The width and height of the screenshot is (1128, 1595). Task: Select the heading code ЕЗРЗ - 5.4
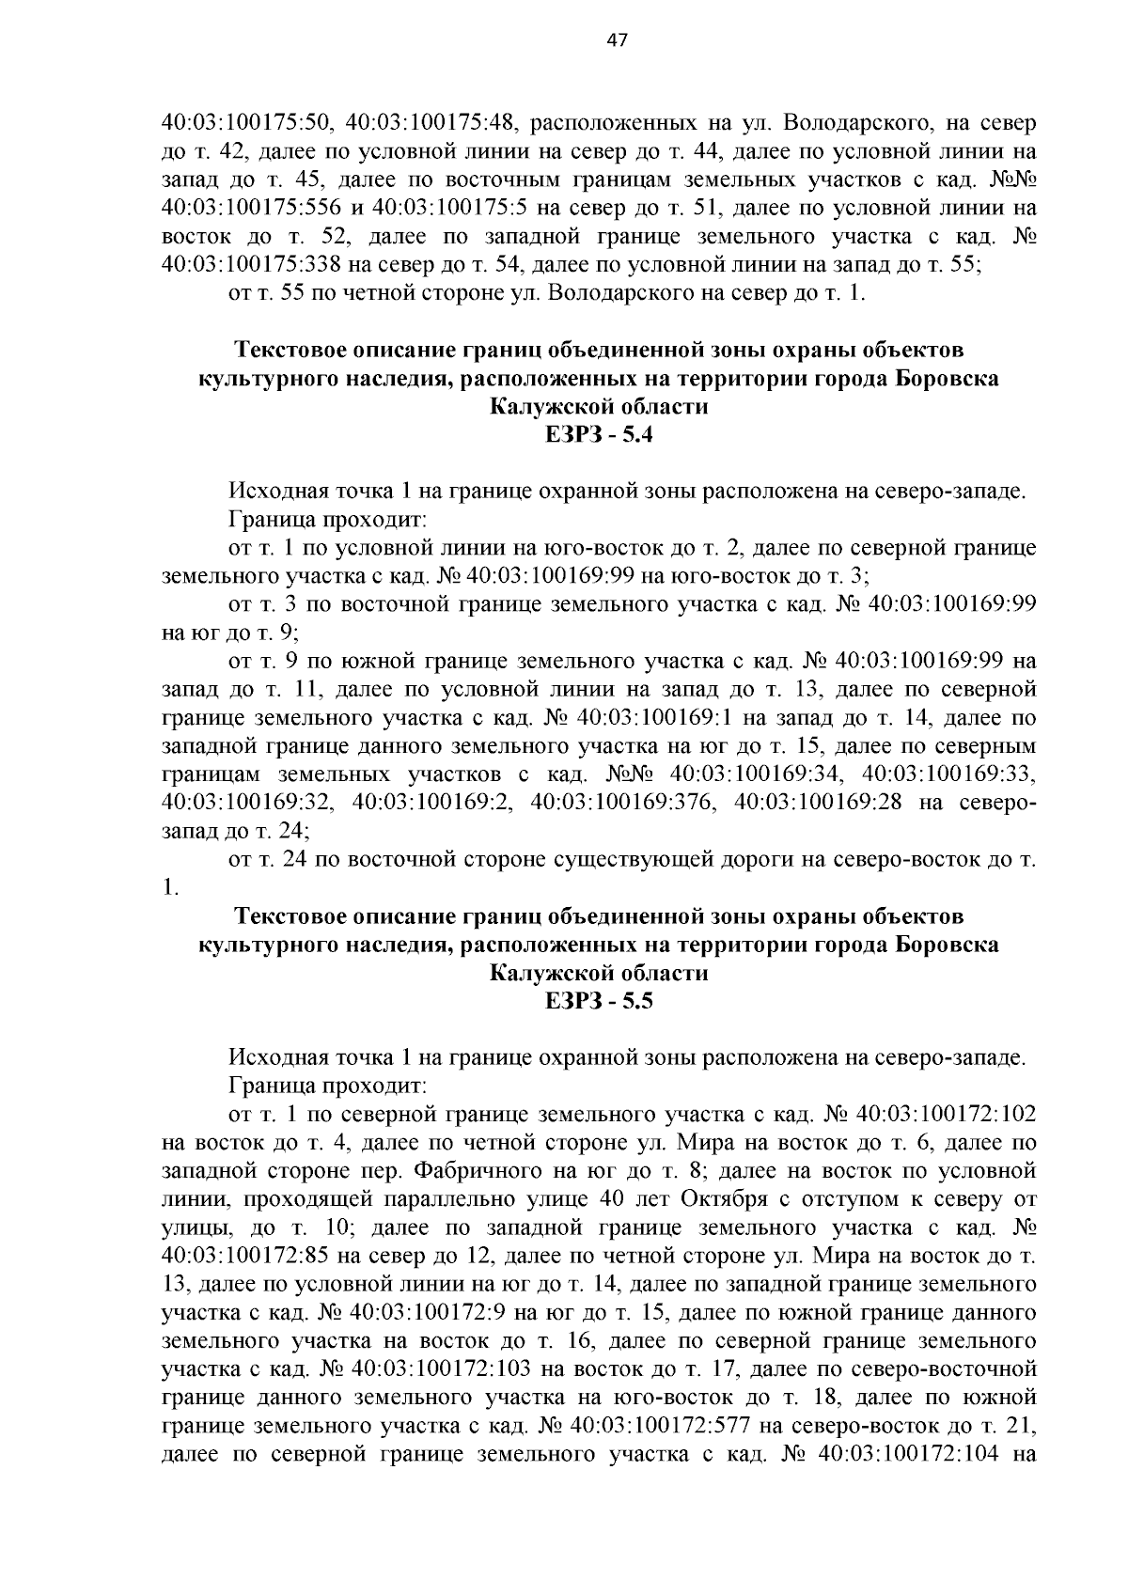598,435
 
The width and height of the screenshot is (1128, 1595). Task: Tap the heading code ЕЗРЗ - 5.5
598,1001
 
